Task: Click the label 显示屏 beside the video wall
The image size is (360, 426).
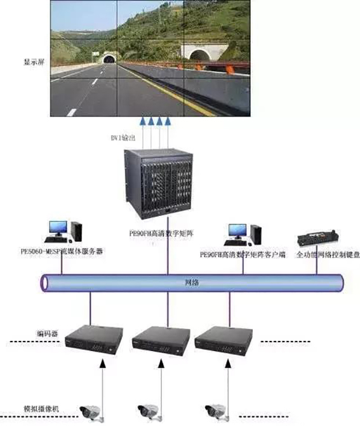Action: pyautogui.click(x=33, y=63)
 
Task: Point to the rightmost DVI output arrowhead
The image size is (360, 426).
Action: pyautogui.click(x=168, y=121)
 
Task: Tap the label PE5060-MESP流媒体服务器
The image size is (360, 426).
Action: pyautogui.click(x=60, y=251)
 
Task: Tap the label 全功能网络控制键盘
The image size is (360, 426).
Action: pyautogui.click(x=321, y=255)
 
